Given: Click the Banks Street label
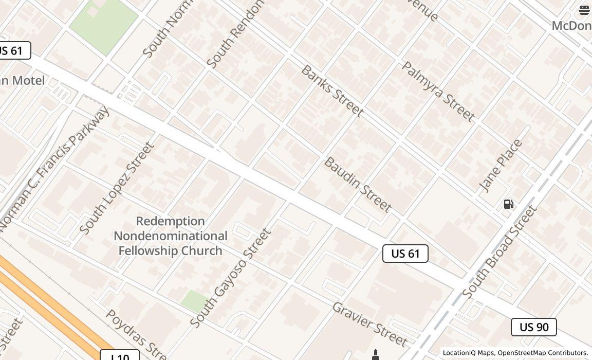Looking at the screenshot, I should click(x=332, y=91).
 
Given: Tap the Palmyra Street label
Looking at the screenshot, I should click(x=438, y=91).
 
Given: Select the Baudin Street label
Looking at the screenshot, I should click(x=358, y=185).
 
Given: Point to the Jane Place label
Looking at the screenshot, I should click(x=500, y=166).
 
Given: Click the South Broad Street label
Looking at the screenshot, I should click(x=499, y=251).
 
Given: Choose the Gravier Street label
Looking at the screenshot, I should click(x=370, y=324).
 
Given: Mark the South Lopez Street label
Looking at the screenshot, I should click(x=117, y=188).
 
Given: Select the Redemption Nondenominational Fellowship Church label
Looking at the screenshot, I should click(x=170, y=236).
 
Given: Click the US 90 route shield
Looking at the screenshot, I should click(x=534, y=327).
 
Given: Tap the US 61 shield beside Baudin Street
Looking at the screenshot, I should click(x=405, y=254).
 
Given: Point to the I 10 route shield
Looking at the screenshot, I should click(x=120, y=356).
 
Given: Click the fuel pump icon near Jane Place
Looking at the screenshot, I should click(x=508, y=204).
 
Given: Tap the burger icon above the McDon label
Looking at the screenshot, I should click(x=584, y=10).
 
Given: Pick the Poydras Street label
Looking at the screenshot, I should click(x=136, y=334).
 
